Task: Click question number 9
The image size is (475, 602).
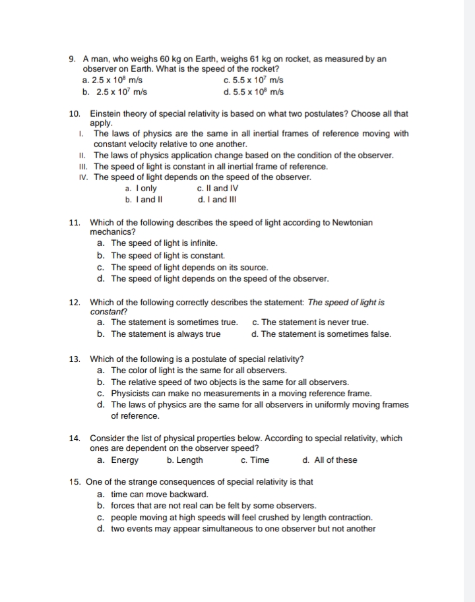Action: pyautogui.click(x=73, y=59)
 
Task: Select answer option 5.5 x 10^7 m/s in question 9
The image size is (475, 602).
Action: pyautogui.click(x=254, y=80)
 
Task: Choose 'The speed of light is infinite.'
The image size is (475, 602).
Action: pyautogui.click(x=164, y=243)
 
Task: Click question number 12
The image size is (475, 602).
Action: pyautogui.click(x=75, y=302)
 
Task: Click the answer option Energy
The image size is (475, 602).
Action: pyautogui.click(x=124, y=460)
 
